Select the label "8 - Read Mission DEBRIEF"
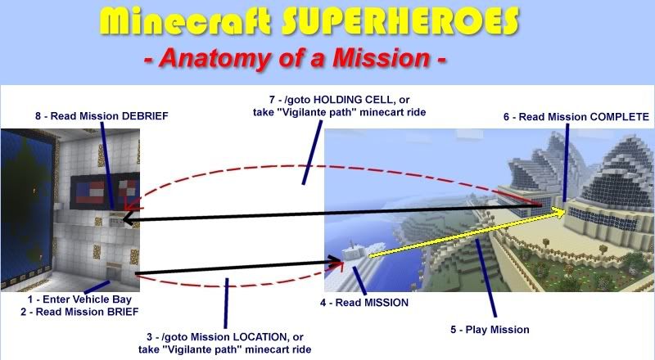(102, 116)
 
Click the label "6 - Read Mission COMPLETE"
(576, 117)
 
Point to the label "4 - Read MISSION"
(364, 303)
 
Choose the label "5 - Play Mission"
(490, 330)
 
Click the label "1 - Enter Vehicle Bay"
(79, 299)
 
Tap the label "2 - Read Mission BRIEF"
(79, 312)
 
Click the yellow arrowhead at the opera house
(560, 212)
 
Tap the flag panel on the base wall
(105, 190)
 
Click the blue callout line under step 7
(312, 152)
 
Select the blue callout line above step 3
(226, 304)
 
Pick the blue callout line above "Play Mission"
(486, 278)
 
